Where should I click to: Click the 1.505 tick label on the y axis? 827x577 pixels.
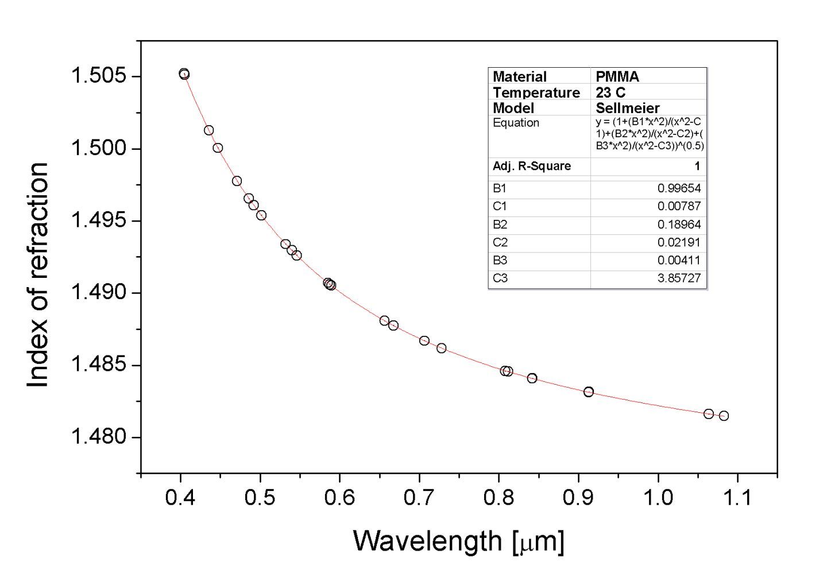[x=97, y=76]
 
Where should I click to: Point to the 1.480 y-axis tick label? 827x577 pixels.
[x=97, y=437]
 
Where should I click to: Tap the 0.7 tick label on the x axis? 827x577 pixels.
[x=419, y=497]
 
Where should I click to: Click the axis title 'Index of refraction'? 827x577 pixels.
[x=38, y=274]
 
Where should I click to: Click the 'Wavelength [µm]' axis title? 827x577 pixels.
[x=458, y=541]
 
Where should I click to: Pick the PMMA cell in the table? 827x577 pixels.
[x=617, y=76]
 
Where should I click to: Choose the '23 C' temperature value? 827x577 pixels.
[x=610, y=92]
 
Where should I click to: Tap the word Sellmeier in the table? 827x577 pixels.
[x=628, y=108]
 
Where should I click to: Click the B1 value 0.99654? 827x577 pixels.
[x=679, y=188]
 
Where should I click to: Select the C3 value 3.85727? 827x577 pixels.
[x=679, y=279]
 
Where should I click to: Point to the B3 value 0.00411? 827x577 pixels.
[x=679, y=261]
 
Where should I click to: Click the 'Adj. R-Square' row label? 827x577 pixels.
[x=532, y=166]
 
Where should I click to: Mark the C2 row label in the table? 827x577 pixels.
[x=500, y=242]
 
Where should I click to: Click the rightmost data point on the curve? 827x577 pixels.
[x=724, y=416]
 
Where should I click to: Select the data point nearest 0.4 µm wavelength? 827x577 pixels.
[x=184, y=74]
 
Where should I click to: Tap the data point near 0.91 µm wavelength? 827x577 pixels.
[x=589, y=392]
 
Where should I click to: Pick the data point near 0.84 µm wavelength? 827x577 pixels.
[x=532, y=378]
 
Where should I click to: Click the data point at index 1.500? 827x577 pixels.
[x=218, y=148]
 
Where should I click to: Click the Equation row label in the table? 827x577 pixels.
[x=516, y=123]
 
